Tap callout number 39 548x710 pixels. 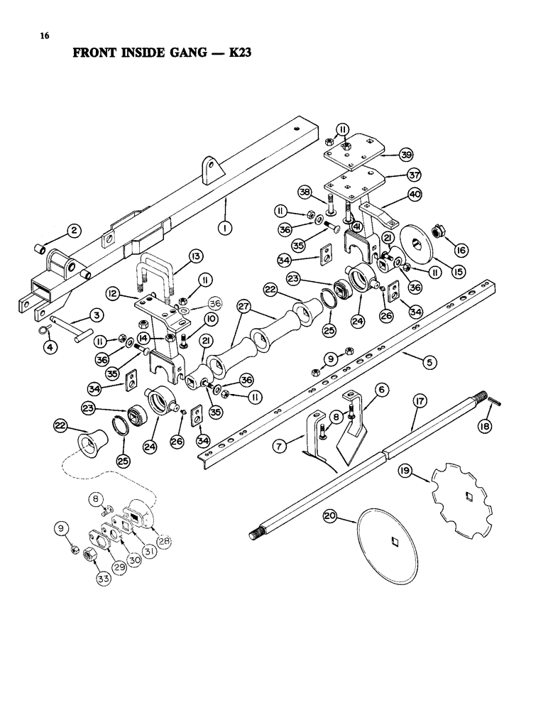pos(405,155)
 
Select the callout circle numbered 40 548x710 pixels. pos(415,194)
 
